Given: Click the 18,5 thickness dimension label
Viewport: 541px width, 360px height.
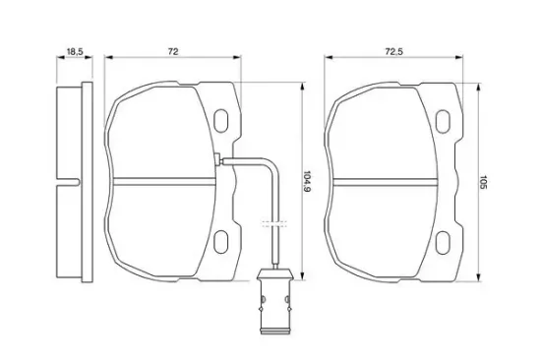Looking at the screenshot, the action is pos(75,52).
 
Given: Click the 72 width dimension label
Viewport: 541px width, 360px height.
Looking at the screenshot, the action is pos(173,52).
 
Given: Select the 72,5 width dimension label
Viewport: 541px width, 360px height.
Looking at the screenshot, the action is pos(394,52).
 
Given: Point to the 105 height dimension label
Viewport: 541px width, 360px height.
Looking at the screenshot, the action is pos(483,182).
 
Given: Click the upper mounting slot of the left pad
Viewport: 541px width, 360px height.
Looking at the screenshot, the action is pos(220,120).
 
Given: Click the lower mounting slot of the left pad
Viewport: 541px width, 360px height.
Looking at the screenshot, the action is pos(220,242).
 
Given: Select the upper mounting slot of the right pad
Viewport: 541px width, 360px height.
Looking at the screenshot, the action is pos(443,121).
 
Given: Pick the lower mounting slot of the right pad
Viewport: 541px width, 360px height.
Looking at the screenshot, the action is pos(443,243).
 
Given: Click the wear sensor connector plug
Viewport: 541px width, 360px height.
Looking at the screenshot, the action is pos(275,302).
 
